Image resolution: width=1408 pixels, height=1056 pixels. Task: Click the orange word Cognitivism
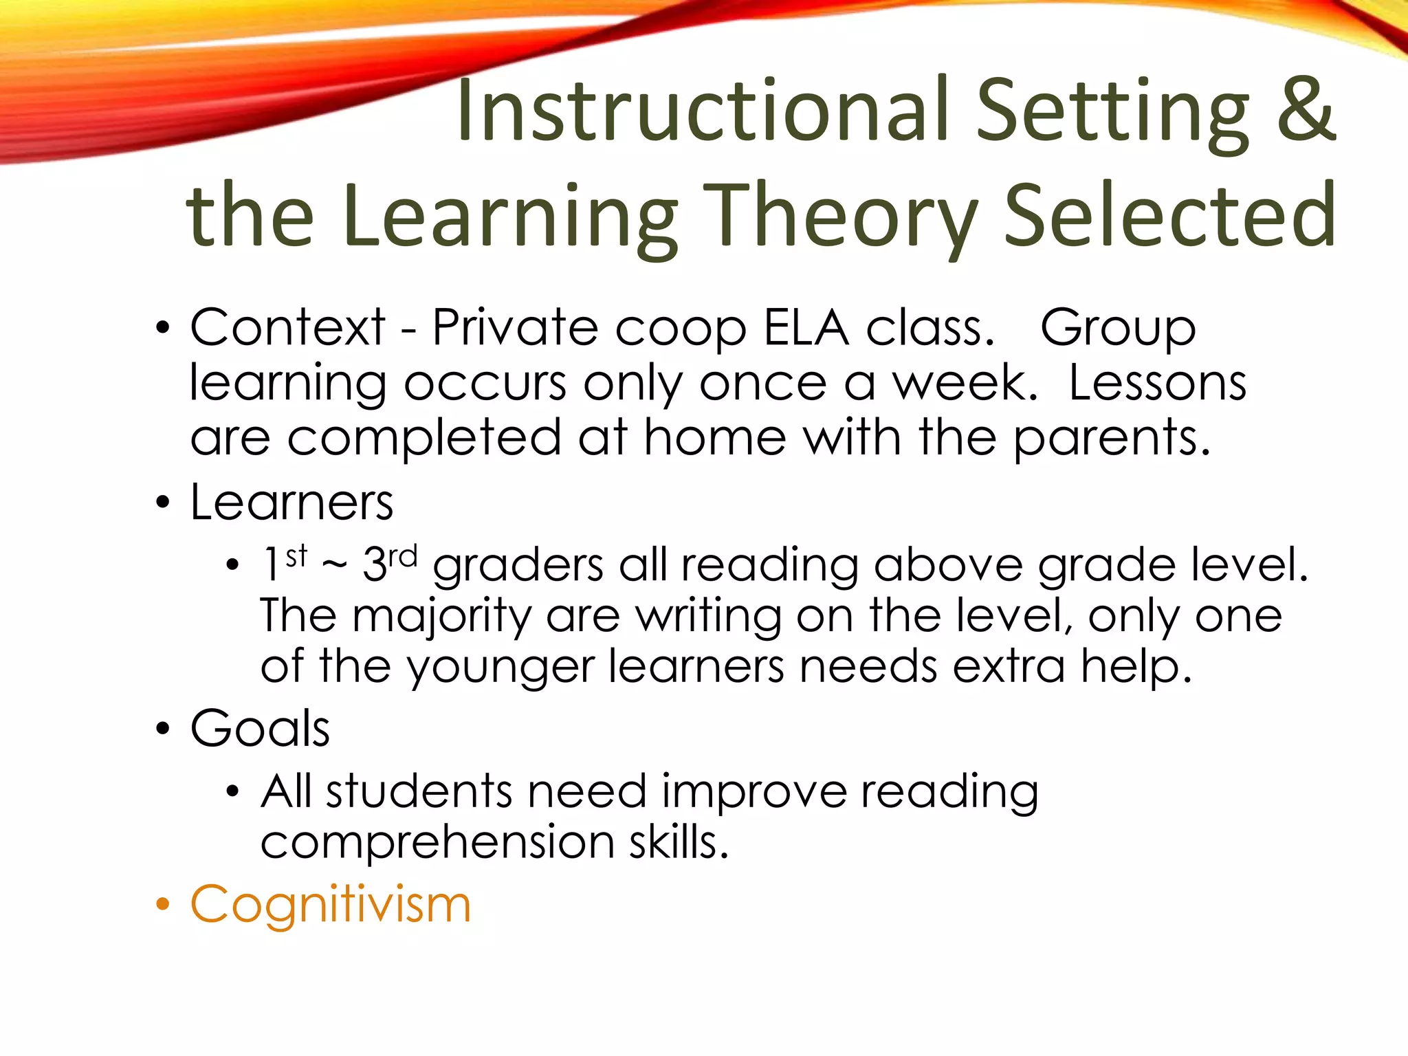[x=331, y=904]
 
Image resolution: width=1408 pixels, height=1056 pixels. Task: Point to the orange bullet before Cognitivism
[x=162, y=904]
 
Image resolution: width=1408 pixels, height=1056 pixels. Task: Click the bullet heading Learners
[x=291, y=502]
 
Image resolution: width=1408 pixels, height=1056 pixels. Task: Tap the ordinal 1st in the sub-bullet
[x=285, y=562]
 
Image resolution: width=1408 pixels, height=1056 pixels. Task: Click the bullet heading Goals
[x=260, y=728]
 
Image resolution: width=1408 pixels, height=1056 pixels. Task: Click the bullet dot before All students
[x=232, y=792]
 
